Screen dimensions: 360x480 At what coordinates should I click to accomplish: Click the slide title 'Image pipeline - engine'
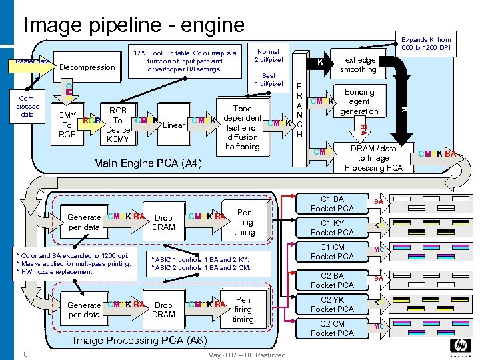(134, 25)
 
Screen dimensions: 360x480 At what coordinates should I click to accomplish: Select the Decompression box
(87, 67)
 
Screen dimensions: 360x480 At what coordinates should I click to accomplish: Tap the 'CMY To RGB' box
(67, 125)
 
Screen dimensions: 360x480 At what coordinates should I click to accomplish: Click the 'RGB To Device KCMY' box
(117, 125)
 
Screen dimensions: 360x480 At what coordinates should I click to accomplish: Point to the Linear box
(174, 125)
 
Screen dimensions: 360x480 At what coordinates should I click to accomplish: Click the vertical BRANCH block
(299, 111)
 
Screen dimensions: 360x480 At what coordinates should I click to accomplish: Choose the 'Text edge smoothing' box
(358, 65)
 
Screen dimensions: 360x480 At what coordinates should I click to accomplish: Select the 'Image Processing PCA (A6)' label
(139, 340)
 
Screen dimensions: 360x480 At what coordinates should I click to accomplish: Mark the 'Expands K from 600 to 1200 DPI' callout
(435, 44)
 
